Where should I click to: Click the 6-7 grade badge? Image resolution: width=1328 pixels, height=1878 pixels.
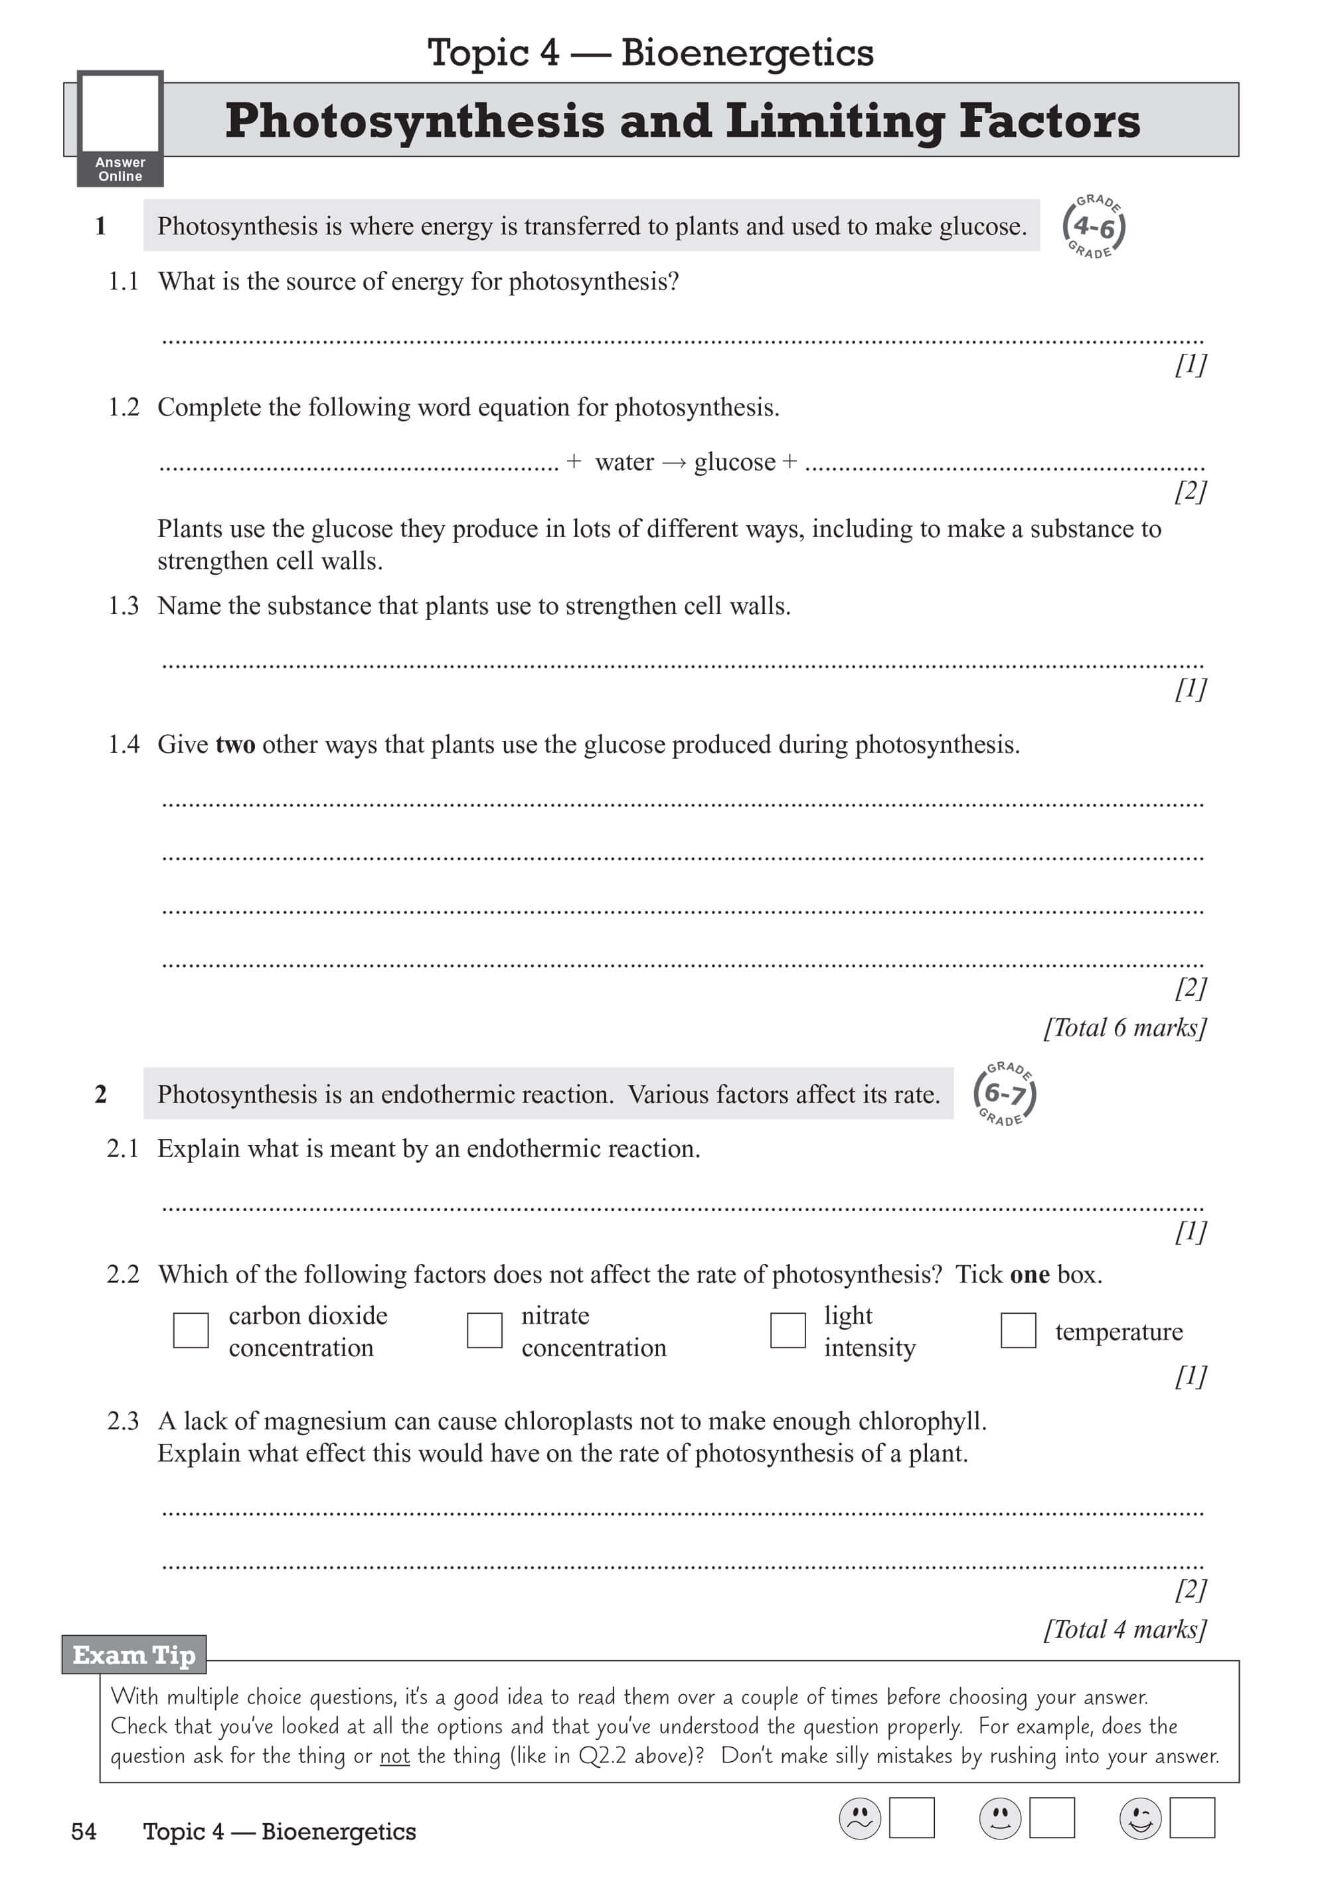pyautogui.click(x=1005, y=1093)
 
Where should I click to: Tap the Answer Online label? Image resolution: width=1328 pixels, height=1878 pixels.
pyautogui.click(x=120, y=169)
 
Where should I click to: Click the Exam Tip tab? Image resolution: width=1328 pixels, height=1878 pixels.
pyautogui.click(x=134, y=1655)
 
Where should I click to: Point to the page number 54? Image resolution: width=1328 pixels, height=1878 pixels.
pyautogui.click(x=84, y=1832)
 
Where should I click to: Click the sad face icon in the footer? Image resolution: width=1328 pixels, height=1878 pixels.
pyautogui.click(x=860, y=1818)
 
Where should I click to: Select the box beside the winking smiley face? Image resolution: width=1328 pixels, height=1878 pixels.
pyautogui.click(x=1192, y=1818)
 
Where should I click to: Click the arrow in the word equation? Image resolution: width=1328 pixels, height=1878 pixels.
pyautogui.click(x=674, y=463)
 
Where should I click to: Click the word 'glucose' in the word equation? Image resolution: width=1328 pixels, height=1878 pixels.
pyautogui.click(x=734, y=463)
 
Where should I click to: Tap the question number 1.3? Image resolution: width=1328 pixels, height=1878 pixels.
pyautogui.click(x=124, y=606)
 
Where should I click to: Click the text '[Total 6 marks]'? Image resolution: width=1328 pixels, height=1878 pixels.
pyautogui.click(x=1125, y=1028)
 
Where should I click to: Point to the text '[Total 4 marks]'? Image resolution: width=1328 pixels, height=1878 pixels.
pyautogui.click(x=1125, y=1629)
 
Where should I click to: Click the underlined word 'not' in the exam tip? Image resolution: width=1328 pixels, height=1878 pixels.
pyautogui.click(x=394, y=1756)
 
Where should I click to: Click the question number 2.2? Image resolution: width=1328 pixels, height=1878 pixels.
pyautogui.click(x=123, y=1275)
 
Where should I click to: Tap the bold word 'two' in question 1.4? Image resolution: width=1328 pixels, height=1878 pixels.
pyautogui.click(x=235, y=745)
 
